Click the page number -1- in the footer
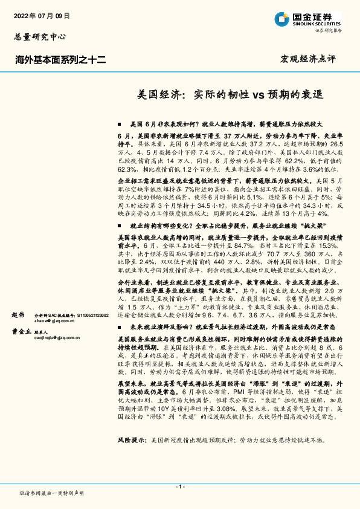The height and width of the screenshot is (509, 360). (179, 487)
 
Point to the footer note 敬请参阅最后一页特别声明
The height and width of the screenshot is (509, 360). (51, 493)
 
